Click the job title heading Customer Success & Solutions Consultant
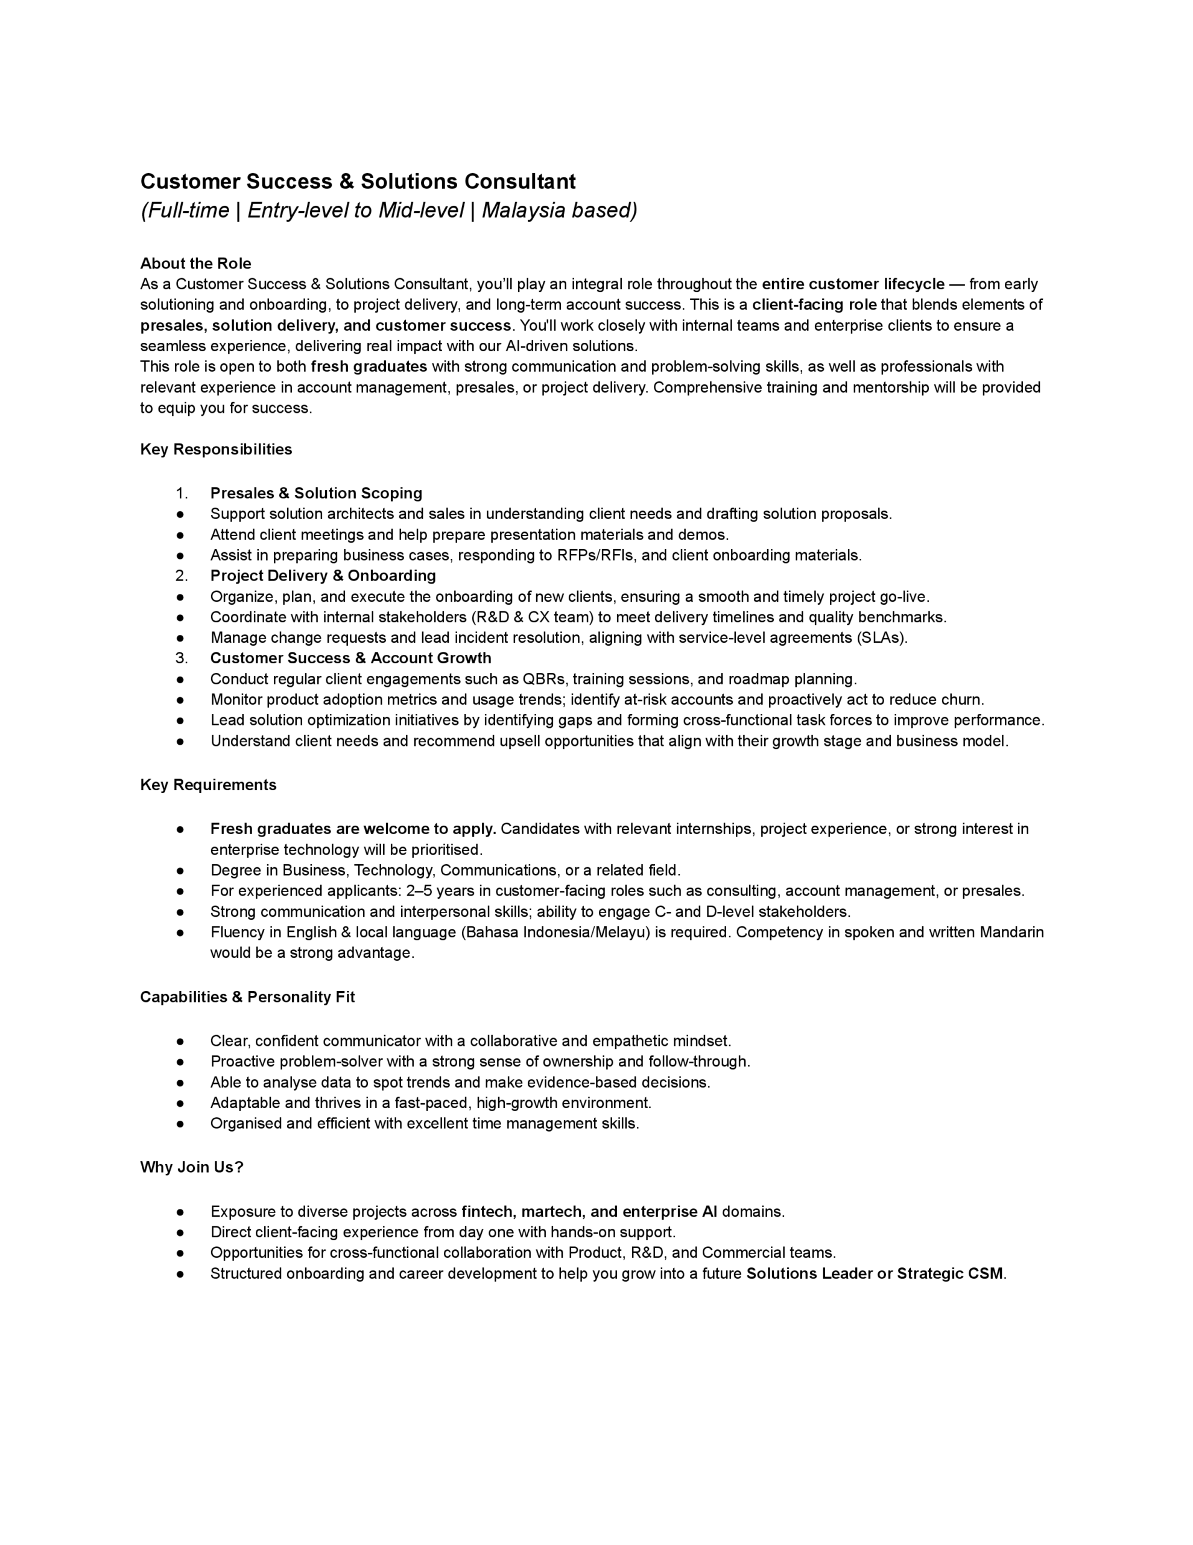coord(358,182)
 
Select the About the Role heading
coord(196,264)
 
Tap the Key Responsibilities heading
coord(216,450)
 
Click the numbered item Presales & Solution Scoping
coord(316,494)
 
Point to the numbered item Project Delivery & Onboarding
coord(323,576)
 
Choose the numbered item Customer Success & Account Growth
coord(351,658)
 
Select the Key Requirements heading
coord(208,785)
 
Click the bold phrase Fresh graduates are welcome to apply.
coord(353,829)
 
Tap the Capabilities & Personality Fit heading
coord(247,998)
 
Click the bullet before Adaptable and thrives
coord(181,1104)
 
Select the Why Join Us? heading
coord(192,1168)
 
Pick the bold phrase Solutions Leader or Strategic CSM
coord(875,1274)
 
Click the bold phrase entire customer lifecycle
coord(853,284)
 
